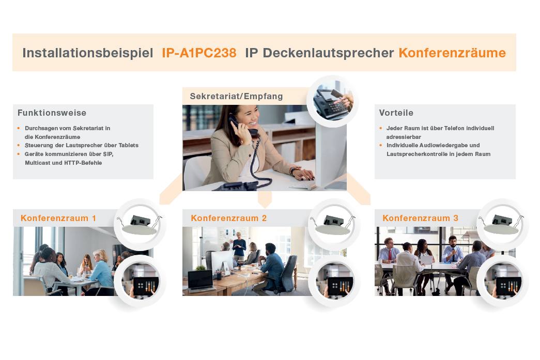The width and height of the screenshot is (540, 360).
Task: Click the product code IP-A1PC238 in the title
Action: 199,53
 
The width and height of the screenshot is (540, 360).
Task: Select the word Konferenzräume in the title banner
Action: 452,53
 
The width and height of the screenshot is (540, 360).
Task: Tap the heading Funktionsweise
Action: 52,113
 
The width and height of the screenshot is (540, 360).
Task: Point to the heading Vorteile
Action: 396,113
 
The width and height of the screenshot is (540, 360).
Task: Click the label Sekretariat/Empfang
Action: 236,96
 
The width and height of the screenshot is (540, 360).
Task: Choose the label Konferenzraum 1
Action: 58,218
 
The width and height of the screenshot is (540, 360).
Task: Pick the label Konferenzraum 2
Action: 228,218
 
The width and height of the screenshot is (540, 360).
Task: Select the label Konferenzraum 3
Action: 420,218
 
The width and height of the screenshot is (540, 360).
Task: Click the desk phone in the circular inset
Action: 332,101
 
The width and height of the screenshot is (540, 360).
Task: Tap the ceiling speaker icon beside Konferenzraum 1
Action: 139,224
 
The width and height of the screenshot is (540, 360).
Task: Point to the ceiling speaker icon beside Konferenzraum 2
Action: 334,224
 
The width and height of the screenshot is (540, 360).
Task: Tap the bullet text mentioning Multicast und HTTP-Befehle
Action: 64,163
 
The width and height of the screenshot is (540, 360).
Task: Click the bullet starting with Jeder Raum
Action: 440,128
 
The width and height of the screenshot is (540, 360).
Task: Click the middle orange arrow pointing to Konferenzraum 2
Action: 265,198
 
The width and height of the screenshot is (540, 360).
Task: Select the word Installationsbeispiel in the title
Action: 87,53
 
